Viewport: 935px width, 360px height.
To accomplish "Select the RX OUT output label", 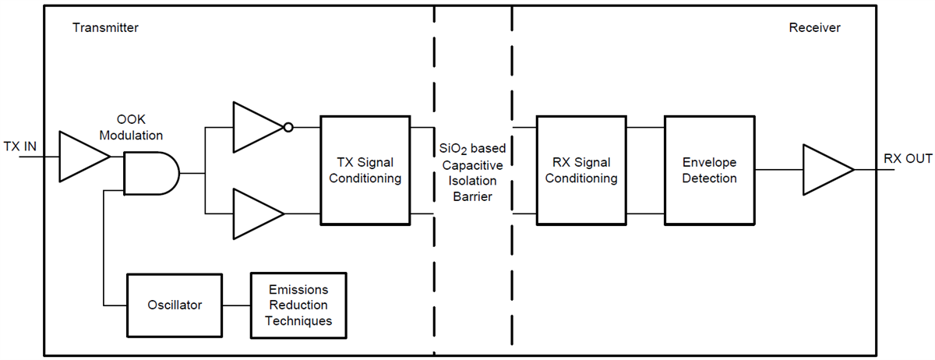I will (x=908, y=159).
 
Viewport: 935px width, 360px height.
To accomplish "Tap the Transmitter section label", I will (x=105, y=28).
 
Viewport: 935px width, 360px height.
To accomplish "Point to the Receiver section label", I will (x=814, y=28).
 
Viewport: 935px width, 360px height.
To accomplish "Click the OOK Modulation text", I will (x=131, y=129).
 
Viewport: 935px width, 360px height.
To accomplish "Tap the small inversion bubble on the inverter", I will (x=288, y=126).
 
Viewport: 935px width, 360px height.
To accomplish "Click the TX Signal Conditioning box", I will (x=365, y=170).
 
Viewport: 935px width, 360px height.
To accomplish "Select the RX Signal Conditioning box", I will (x=580, y=170).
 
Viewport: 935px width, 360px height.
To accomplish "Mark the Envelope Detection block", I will (x=709, y=170).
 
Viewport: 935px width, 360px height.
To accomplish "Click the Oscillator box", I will (x=175, y=305).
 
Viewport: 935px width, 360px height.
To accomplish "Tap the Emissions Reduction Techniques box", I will (x=298, y=305).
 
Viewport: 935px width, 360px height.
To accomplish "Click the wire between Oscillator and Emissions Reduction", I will (x=236, y=305).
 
